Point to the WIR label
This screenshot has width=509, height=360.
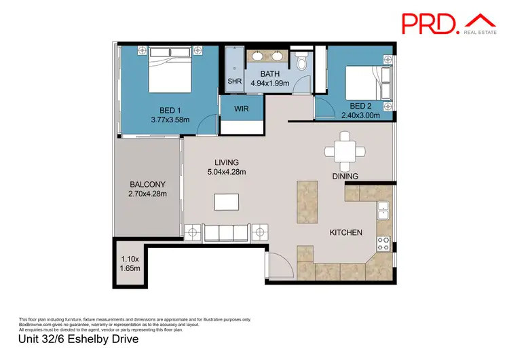point(240,109)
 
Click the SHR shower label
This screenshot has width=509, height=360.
point(234,81)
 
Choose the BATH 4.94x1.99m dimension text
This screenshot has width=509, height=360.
point(269,84)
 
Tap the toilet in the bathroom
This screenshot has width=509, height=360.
point(301,62)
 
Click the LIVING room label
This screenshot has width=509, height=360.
point(227,162)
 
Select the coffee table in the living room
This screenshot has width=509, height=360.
point(226,202)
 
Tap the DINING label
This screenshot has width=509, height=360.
point(345,176)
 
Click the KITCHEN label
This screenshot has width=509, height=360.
point(346,233)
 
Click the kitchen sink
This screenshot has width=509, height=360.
point(383,210)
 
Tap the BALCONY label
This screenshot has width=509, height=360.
point(147,184)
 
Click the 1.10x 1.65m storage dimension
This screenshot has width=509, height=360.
point(130,264)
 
